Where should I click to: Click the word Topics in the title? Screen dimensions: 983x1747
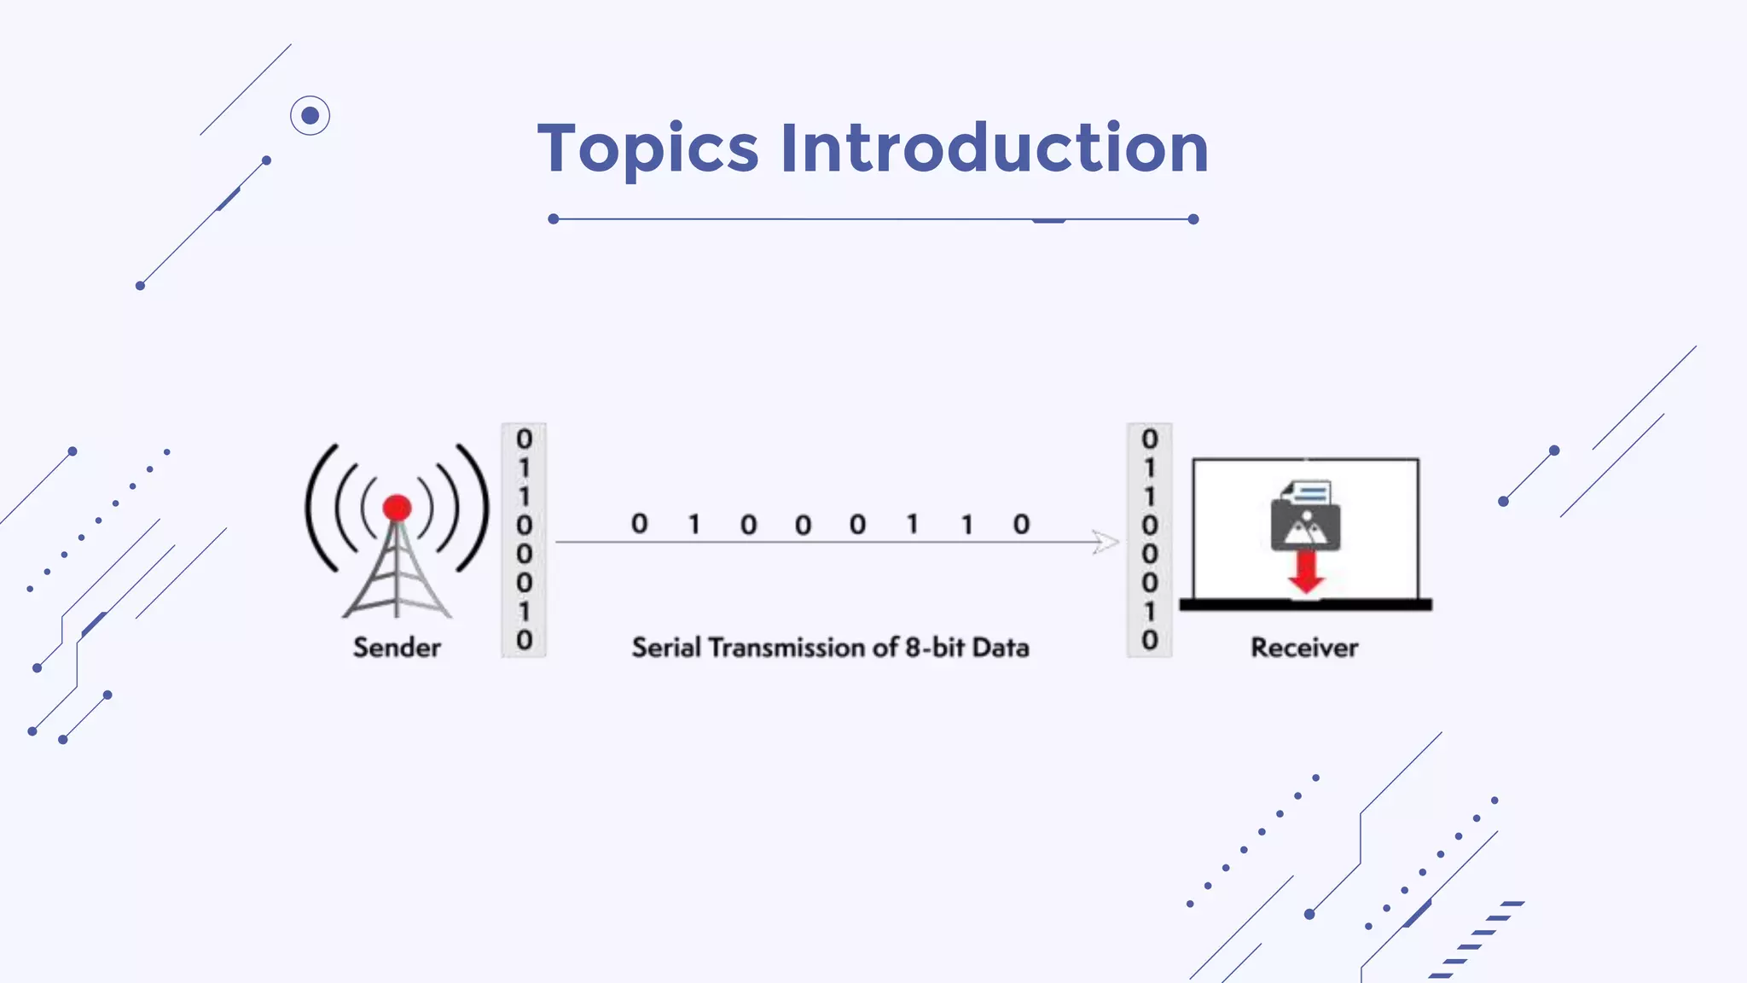coord(647,148)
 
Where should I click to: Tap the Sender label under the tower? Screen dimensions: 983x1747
coord(397,648)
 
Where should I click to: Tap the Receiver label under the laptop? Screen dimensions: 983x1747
coord(1304,648)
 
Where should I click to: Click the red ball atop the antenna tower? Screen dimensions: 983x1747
coord(397,509)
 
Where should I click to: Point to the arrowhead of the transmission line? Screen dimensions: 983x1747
coord(1106,542)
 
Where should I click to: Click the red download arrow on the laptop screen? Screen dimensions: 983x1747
coord(1305,572)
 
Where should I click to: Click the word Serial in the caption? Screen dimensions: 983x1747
coord(665,648)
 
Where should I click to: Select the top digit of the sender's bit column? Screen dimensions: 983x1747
coord(524,439)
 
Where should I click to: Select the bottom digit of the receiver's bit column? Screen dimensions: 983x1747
coord(1149,640)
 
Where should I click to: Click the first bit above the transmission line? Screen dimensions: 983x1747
coord(639,523)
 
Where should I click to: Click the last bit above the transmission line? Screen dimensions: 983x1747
coord(1021,524)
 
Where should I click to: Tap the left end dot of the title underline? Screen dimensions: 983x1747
coord(554,219)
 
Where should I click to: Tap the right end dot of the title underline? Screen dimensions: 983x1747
coord(1193,219)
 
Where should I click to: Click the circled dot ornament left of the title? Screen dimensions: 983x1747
coord(310,115)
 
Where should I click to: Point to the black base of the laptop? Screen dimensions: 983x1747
coord(1305,605)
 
